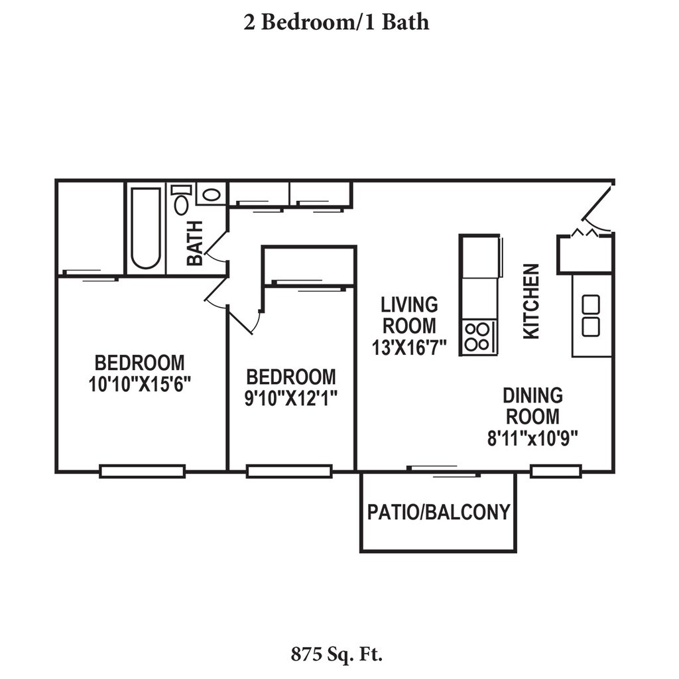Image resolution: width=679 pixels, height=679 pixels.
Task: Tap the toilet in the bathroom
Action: [x=181, y=199]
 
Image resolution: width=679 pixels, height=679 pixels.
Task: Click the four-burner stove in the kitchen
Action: [x=477, y=338]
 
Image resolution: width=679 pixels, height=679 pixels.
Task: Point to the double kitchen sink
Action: [x=591, y=316]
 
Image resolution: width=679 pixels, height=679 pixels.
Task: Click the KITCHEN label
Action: [x=531, y=302]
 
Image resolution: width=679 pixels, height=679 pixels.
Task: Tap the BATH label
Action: [x=195, y=243]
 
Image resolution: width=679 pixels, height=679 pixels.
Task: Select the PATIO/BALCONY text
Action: [x=439, y=512]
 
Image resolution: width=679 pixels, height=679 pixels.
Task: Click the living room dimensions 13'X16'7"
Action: [x=409, y=347]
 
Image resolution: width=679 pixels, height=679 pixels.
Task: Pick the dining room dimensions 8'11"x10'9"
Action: [x=532, y=438]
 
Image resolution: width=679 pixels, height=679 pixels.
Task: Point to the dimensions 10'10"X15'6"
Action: [x=140, y=384]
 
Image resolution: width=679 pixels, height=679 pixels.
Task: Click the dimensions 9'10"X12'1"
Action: [x=291, y=399]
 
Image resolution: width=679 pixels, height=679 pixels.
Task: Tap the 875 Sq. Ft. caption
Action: [x=336, y=654]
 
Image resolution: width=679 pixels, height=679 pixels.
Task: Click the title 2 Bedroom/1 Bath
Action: [x=336, y=22]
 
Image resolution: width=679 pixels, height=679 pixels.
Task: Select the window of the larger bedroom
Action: [x=143, y=471]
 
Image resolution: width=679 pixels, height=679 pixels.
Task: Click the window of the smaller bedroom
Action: [x=289, y=471]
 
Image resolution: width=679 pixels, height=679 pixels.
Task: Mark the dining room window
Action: [x=556, y=471]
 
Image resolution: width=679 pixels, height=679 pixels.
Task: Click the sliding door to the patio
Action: [x=444, y=471]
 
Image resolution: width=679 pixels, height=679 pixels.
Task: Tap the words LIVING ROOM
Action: [x=409, y=315]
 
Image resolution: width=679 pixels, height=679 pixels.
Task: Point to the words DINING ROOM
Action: [x=532, y=406]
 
